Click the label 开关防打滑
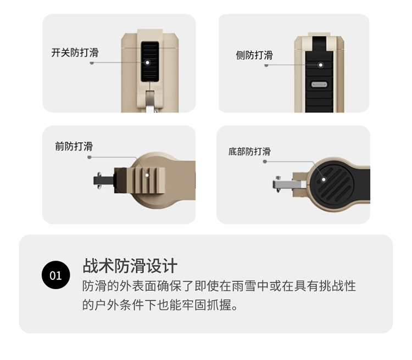point(75,53)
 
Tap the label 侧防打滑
point(254,55)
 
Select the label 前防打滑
point(74,147)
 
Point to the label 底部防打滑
point(249,151)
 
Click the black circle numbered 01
point(55,275)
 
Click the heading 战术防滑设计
point(130,266)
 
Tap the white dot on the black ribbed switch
point(147,63)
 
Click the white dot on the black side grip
point(321,65)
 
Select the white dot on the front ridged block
point(147,175)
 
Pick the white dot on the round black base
point(324,179)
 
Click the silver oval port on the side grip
point(319,85)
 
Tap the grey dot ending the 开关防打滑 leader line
point(92,63)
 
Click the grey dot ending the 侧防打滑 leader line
point(266,65)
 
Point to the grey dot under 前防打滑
point(90,157)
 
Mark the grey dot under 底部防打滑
point(265,161)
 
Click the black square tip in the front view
point(103,181)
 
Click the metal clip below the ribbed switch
point(150,101)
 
